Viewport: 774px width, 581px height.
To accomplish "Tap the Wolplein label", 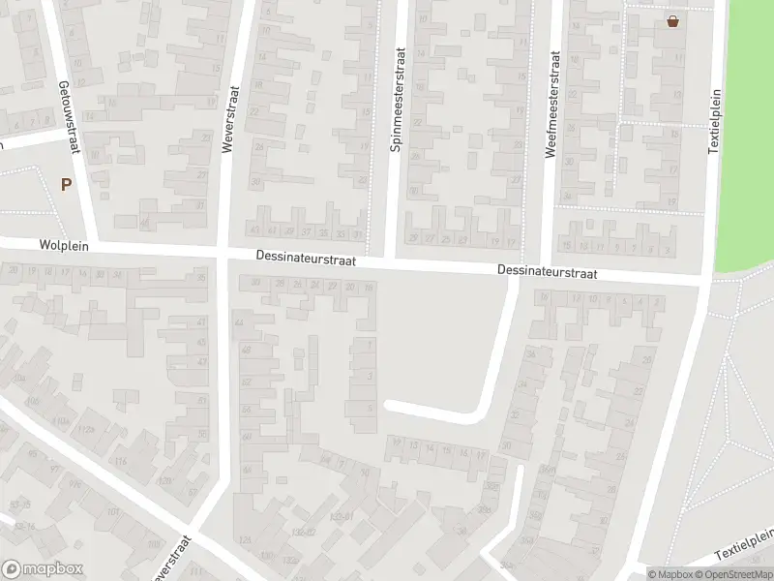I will click(65, 246).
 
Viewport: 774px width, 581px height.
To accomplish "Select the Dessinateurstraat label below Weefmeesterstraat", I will click(548, 273).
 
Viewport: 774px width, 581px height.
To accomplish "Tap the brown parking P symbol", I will click(67, 184).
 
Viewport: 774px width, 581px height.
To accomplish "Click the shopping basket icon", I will click(672, 21).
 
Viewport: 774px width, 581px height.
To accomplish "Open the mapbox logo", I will click(43, 568).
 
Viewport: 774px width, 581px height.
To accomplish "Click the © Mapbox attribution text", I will click(669, 574).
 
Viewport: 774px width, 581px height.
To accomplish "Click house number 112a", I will click(87, 429).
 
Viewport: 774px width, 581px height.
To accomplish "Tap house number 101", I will click(113, 512).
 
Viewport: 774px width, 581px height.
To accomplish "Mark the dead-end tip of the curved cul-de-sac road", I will click(388, 406).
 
